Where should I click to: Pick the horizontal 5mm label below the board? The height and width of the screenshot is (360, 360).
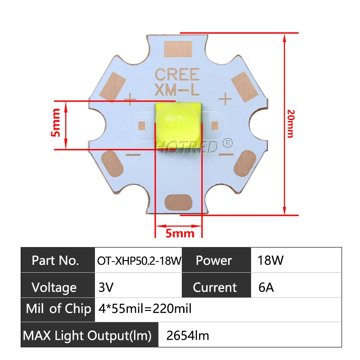pos(180,233)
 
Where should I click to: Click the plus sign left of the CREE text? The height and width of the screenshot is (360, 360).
pos(130,98)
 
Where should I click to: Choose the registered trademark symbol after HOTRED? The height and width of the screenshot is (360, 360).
pos(228,144)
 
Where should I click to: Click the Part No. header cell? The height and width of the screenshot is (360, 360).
pos(56,260)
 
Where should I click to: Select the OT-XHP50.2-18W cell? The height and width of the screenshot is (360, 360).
pos(138,261)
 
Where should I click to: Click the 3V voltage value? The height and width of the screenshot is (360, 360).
pos(106,287)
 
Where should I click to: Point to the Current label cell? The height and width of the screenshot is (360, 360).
pos(215,287)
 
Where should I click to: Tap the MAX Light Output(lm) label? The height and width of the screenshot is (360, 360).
pos(87,335)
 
